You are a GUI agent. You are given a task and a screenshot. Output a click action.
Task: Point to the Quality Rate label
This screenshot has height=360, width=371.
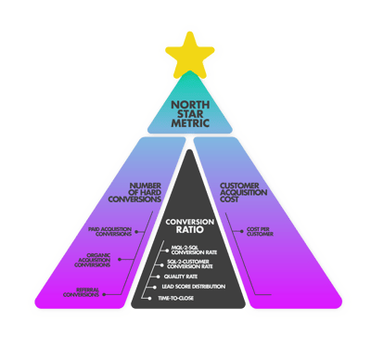[x=182, y=276]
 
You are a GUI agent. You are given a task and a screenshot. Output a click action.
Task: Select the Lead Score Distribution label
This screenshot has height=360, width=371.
[x=194, y=288]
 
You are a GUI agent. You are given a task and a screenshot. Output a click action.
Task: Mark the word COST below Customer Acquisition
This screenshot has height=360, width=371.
[x=230, y=204]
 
